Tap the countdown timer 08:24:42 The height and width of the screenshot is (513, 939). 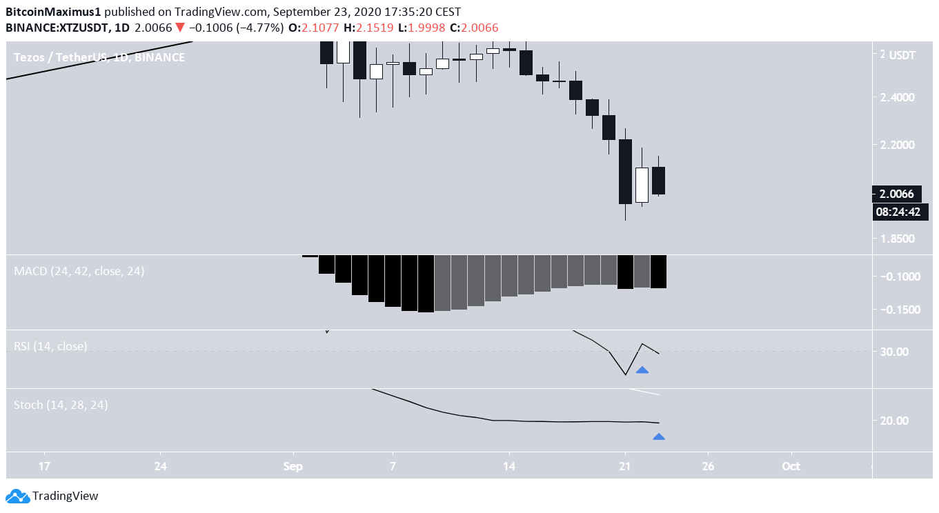click(898, 212)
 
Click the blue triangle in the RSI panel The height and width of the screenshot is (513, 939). click(642, 370)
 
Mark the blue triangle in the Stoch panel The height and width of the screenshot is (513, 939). click(659, 436)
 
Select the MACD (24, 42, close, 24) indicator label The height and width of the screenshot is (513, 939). click(79, 272)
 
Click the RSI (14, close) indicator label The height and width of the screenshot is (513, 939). click(50, 346)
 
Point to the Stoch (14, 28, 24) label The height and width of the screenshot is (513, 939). click(61, 405)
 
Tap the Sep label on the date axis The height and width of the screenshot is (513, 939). click(293, 465)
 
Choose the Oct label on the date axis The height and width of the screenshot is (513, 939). click(791, 465)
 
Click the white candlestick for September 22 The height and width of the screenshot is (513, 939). click(642, 185)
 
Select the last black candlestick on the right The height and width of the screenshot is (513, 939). click(658, 181)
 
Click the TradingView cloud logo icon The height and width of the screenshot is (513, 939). click(17, 496)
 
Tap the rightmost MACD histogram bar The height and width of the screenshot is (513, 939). click(658, 272)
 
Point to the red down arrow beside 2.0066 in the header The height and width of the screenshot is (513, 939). click(179, 28)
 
